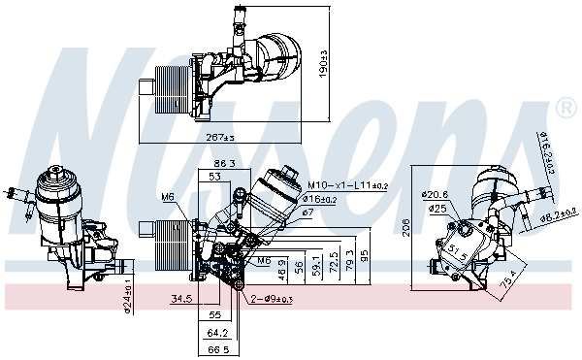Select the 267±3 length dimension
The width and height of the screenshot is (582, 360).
click(221, 138)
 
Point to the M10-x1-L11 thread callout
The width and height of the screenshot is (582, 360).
click(348, 185)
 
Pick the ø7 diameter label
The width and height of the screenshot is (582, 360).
click(307, 212)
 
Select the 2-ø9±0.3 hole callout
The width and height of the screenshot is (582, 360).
click(273, 299)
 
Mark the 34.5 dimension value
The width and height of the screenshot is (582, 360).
click(181, 299)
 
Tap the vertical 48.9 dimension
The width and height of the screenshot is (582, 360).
click(282, 267)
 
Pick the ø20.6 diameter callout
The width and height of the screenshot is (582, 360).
click(435, 193)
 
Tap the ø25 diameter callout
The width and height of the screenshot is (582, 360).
click(438, 208)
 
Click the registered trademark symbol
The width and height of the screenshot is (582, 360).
click(562, 104)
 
